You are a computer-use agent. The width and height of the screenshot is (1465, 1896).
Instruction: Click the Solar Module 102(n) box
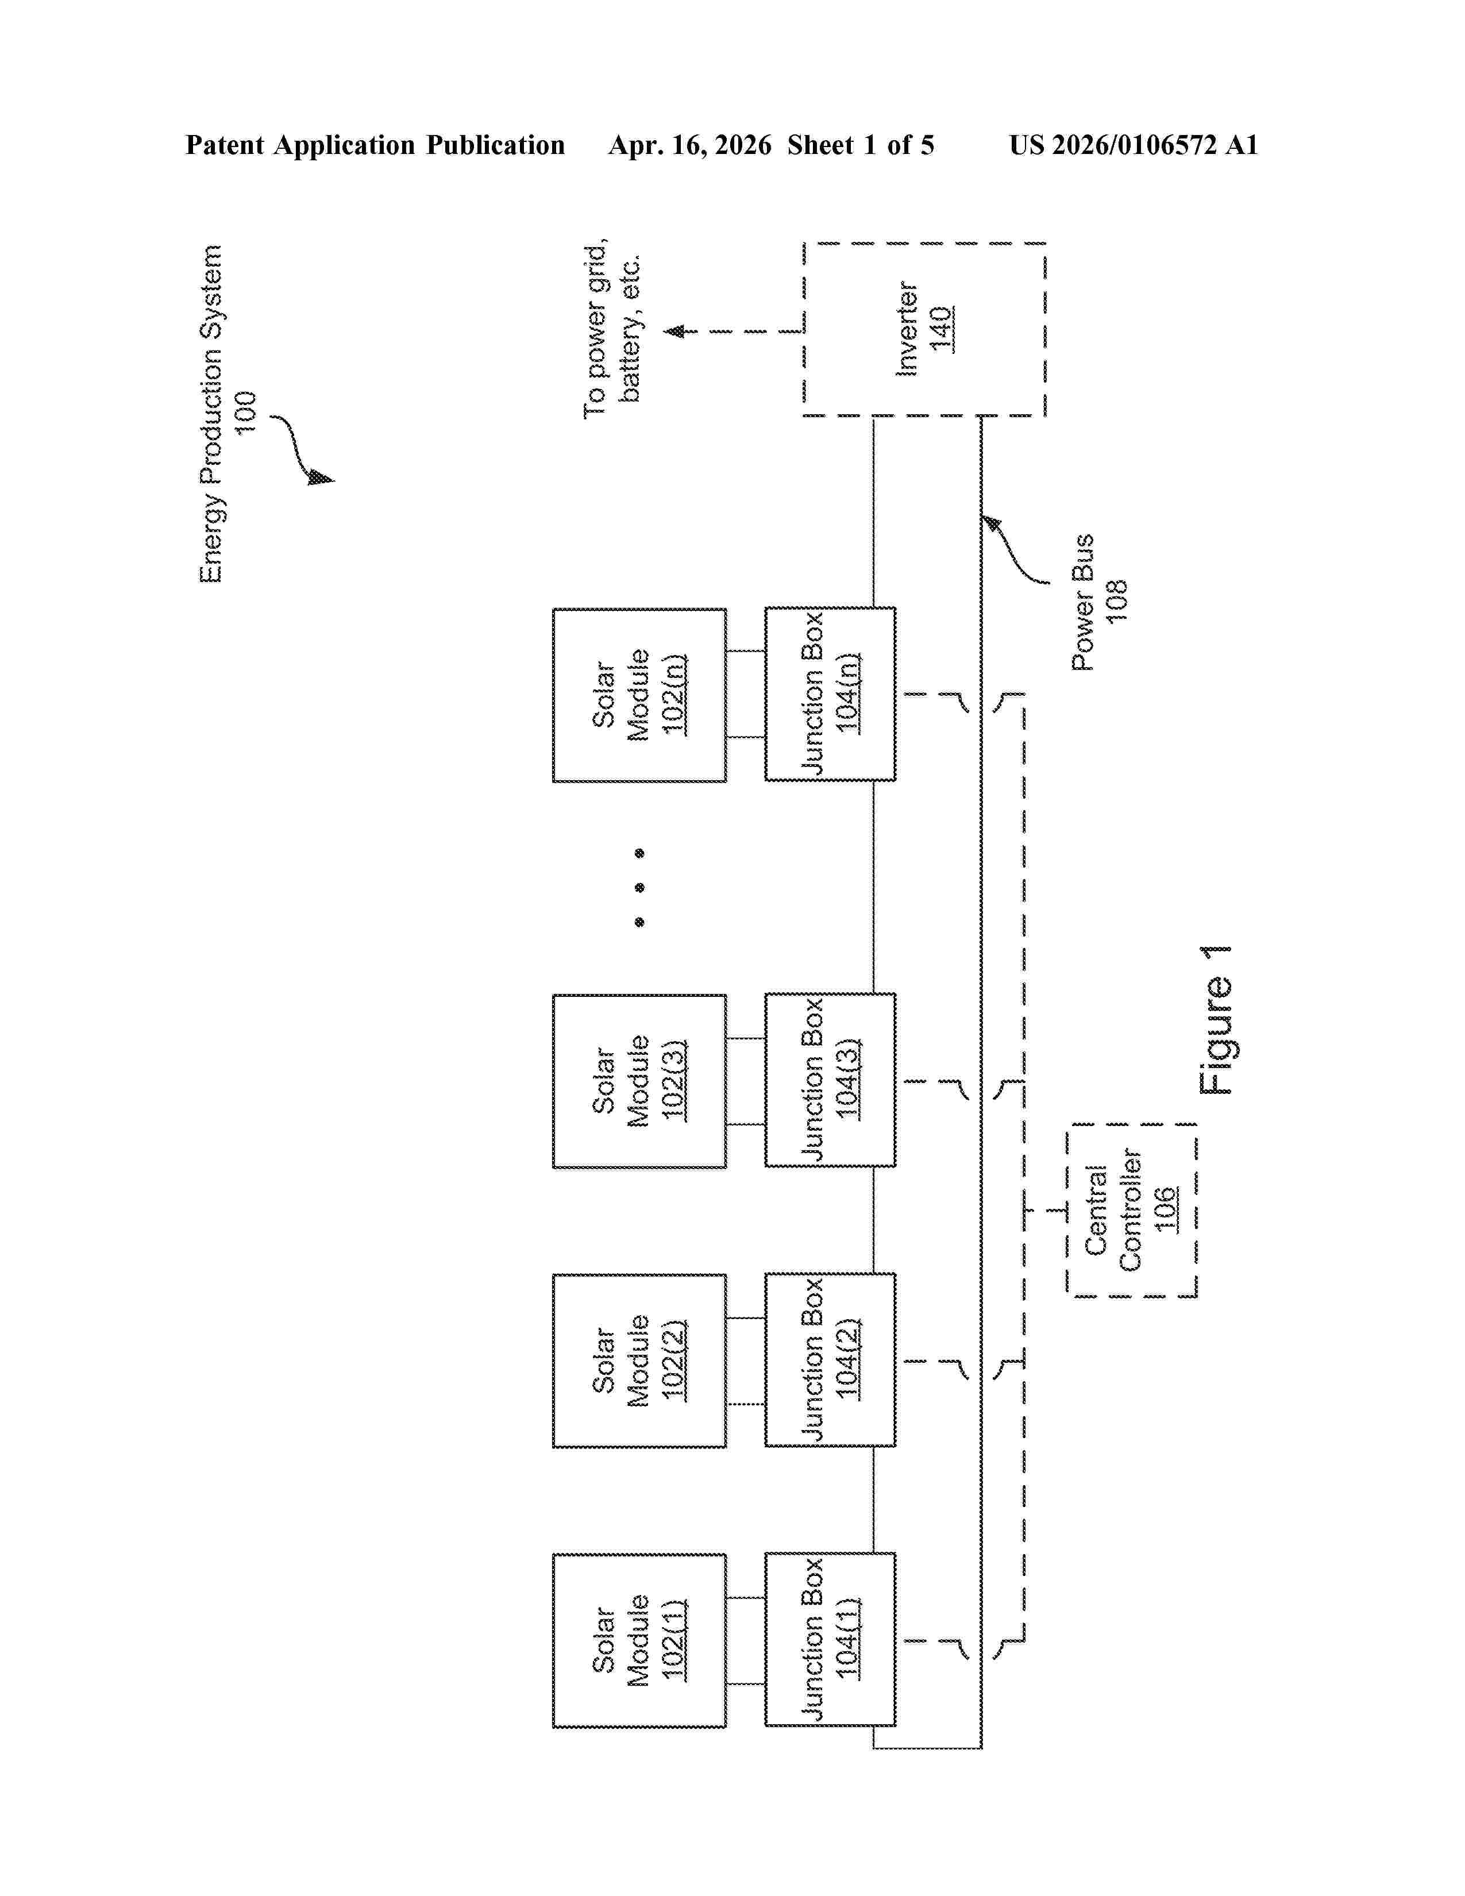639,695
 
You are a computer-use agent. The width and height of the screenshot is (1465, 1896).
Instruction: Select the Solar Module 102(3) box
639,1081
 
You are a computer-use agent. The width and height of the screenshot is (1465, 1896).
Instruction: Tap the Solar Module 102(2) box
639,1361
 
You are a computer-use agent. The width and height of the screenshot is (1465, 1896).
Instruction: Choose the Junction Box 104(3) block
830,1080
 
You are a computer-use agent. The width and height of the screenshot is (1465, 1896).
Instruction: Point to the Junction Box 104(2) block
830,1359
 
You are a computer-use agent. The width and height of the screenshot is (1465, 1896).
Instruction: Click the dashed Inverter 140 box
924,329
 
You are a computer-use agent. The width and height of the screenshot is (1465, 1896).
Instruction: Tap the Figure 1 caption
1215,1019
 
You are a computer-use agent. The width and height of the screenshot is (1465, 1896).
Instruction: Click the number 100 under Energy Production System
246,413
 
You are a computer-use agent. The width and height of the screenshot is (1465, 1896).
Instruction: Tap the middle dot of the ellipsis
639,887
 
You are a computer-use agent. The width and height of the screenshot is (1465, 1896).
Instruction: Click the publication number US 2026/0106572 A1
1132,145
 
